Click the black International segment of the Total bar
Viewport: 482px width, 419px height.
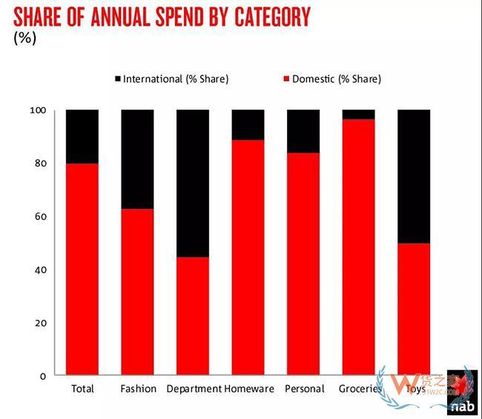point(82,136)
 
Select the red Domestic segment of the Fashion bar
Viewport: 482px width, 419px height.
point(137,292)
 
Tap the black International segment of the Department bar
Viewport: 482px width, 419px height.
point(192,183)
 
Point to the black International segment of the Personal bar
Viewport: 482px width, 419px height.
point(303,131)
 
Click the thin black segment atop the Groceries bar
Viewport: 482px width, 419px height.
point(358,114)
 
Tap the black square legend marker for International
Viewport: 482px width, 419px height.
point(117,78)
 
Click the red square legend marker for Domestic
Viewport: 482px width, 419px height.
point(286,78)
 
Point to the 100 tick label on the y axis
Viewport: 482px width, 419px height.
point(38,110)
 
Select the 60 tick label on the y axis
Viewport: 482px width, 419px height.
point(40,217)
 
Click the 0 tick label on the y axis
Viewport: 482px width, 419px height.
point(43,376)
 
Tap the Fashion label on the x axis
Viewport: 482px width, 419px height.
point(138,389)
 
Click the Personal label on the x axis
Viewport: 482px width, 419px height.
point(304,389)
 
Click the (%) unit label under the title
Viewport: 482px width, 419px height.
point(24,38)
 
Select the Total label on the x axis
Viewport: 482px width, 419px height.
point(82,389)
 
